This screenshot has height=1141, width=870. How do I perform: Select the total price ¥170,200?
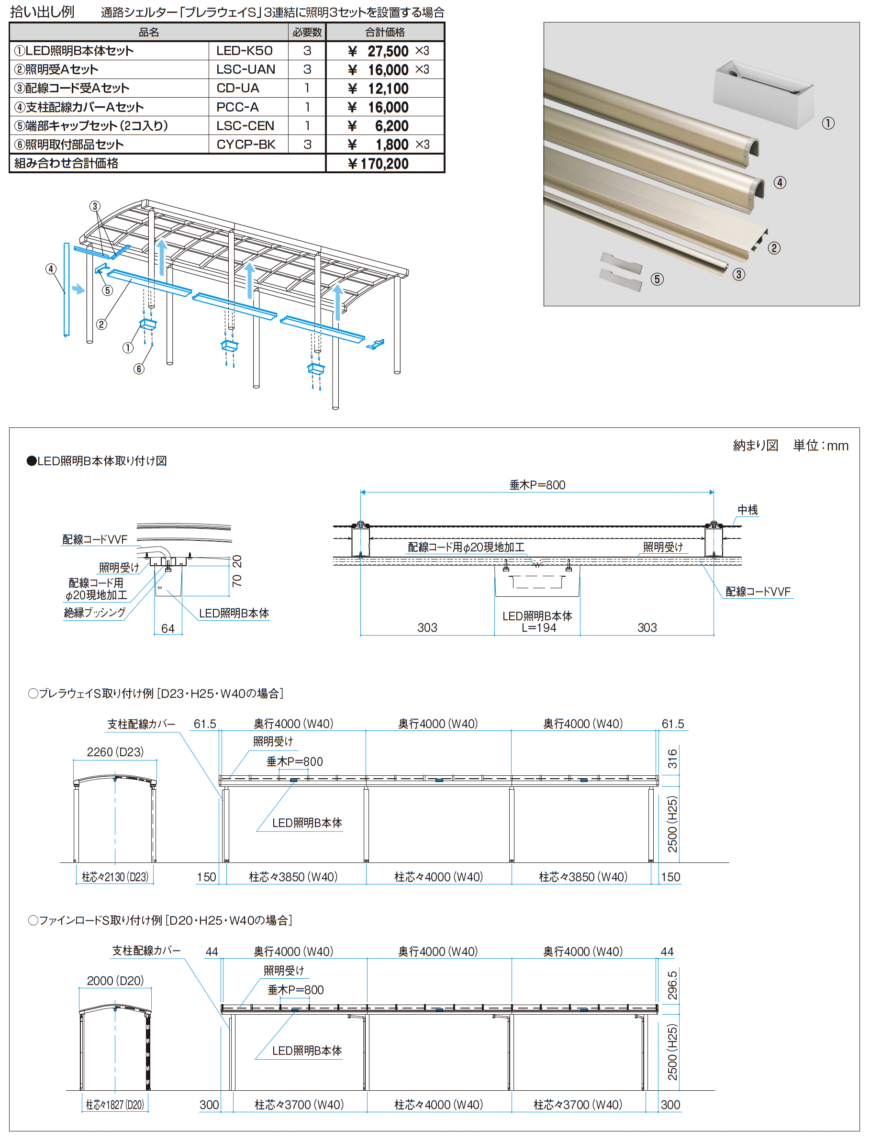(378, 164)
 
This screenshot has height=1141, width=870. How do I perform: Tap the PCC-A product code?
(237, 107)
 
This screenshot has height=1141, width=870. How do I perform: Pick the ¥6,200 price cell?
(378, 126)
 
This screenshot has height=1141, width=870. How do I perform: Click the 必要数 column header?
(307, 32)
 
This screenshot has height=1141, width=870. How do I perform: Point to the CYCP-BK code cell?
(245, 145)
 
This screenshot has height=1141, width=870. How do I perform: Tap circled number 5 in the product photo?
(657, 279)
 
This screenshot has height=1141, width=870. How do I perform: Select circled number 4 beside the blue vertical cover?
(51, 269)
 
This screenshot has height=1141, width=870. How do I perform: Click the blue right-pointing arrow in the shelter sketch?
(78, 289)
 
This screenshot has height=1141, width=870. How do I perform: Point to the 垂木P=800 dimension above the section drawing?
(537, 485)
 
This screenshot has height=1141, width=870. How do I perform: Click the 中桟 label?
(747, 510)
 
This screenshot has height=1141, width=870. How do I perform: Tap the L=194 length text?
(538, 628)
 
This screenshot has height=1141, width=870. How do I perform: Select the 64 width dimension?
(168, 628)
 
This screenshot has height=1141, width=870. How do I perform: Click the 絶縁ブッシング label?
(95, 612)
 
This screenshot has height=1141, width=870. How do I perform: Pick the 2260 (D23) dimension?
(115, 751)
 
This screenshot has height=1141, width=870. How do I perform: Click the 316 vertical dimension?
(672, 758)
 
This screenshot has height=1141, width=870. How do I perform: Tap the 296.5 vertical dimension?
(672, 985)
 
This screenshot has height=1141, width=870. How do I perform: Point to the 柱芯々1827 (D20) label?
(115, 1104)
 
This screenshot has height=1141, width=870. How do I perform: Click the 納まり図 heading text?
(756, 446)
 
